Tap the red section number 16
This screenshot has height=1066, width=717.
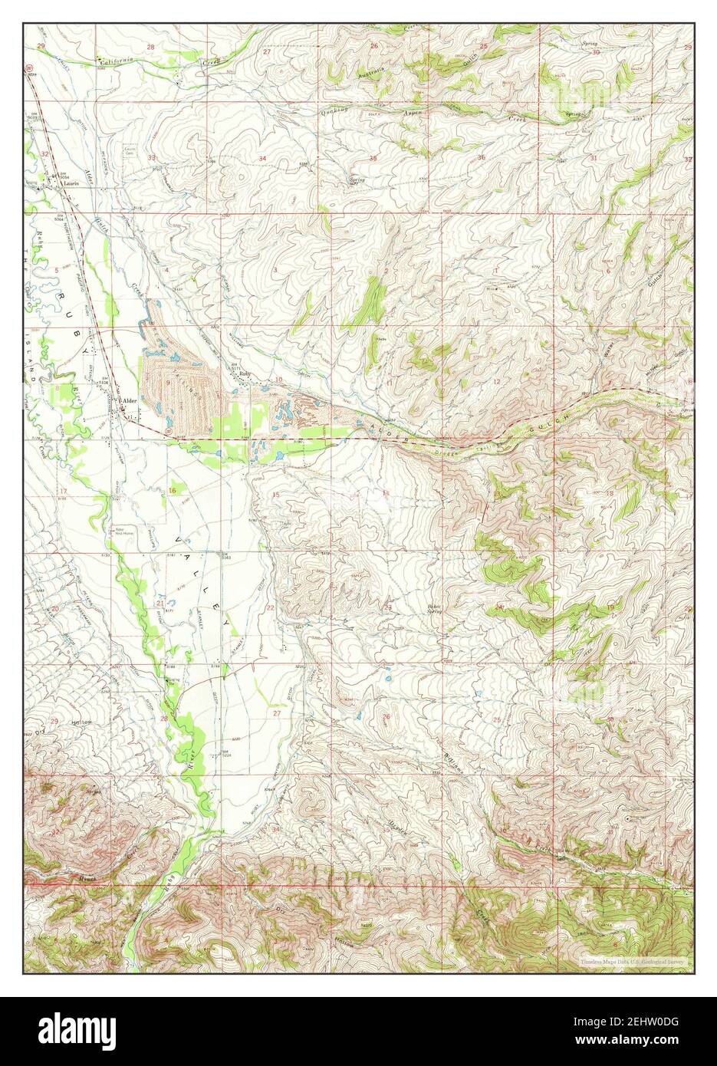[173, 490]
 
